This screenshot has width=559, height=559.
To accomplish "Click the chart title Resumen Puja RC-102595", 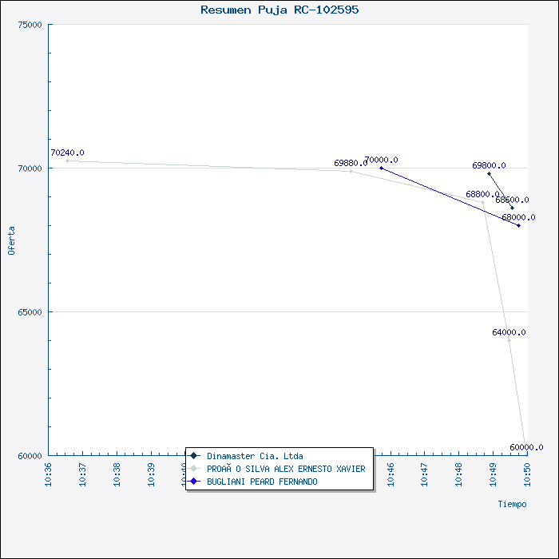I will (279, 10).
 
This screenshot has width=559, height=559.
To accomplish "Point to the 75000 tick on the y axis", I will (31, 25).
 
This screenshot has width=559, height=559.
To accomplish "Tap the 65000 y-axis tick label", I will (31, 312).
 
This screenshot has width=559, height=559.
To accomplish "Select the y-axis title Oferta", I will (11, 240).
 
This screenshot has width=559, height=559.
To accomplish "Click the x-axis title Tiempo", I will (512, 504).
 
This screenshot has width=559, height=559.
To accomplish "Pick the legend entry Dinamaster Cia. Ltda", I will (254, 456).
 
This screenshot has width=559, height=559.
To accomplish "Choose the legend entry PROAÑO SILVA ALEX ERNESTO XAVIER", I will (285, 469).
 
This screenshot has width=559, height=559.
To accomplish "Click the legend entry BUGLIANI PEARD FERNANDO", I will (261, 482).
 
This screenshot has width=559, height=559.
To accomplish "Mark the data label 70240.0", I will (67, 153).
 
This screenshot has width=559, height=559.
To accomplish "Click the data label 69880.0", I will (351, 163).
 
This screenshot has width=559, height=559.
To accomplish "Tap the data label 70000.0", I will (381, 160).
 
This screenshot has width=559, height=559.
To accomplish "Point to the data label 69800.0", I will (489, 165).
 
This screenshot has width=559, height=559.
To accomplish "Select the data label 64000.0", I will (509, 332).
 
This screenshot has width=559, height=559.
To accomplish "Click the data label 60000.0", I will (526, 447).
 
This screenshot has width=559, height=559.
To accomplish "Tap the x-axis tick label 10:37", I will (83, 473).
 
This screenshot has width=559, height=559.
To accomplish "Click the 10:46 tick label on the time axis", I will (391, 473).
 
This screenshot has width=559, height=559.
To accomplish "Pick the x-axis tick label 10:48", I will (459, 473).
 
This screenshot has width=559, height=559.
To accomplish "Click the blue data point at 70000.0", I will (382, 168).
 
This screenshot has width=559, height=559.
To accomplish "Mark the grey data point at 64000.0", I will (509, 340).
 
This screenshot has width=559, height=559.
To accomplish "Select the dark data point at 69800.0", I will (489, 173).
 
